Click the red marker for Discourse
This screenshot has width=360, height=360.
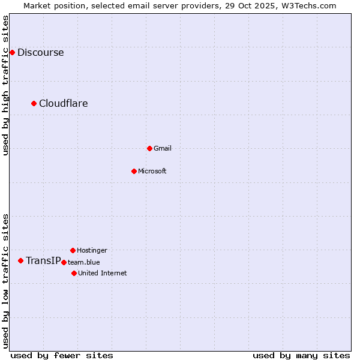[12, 52]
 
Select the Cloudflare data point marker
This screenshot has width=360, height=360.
[34, 103]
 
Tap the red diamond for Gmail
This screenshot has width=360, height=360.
[149, 148]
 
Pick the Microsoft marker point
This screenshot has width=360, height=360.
[134, 171]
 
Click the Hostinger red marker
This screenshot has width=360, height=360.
[73, 250]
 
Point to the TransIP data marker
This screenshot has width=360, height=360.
[21, 260]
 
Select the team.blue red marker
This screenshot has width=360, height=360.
[64, 262]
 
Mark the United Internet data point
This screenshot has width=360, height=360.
[74, 273]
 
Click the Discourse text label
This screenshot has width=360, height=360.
[40, 52]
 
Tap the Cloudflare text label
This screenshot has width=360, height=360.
[63, 103]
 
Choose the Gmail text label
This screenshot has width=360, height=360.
[162, 148]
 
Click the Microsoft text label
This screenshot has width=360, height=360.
[152, 171]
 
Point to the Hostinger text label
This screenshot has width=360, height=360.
[92, 250]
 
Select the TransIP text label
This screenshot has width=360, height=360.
[43, 260]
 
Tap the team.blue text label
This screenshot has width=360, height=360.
[84, 262]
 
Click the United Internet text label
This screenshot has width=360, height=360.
[102, 273]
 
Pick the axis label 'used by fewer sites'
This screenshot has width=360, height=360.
[62, 355]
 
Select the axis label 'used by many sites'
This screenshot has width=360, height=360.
[301, 355]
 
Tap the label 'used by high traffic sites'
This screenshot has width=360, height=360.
[5, 85]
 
